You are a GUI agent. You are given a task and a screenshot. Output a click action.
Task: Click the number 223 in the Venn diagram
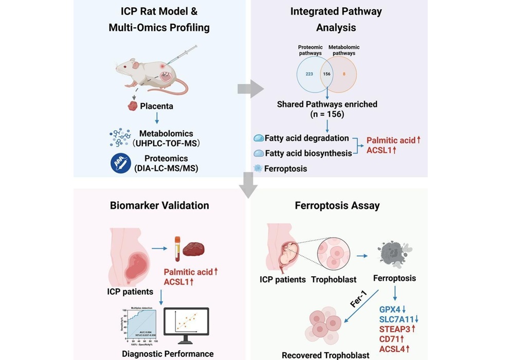(309, 74)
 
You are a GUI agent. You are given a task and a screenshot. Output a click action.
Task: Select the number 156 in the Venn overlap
(327, 74)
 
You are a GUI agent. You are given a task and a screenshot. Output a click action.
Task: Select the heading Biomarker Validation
(159, 206)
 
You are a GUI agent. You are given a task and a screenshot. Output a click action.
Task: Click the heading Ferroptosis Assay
(337, 206)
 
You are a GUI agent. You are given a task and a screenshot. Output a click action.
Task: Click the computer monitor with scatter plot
(186, 328)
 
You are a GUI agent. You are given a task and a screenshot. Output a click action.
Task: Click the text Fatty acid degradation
(307, 138)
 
